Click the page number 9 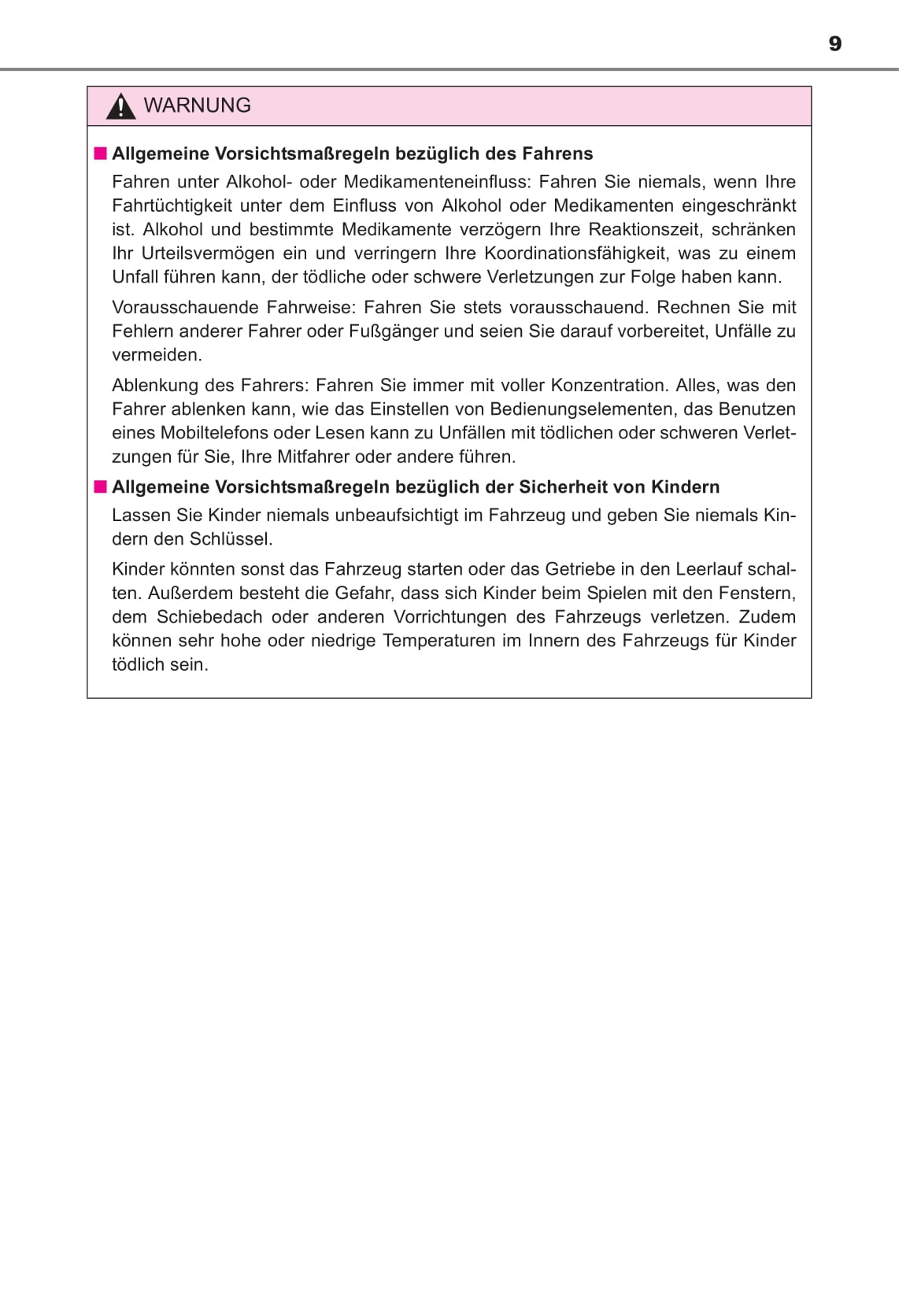tap(835, 43)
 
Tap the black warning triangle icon tap(120, 106)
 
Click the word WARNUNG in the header tap(197, 105)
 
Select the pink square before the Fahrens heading tap(100, 154)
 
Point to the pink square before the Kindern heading tap(100, 486)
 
